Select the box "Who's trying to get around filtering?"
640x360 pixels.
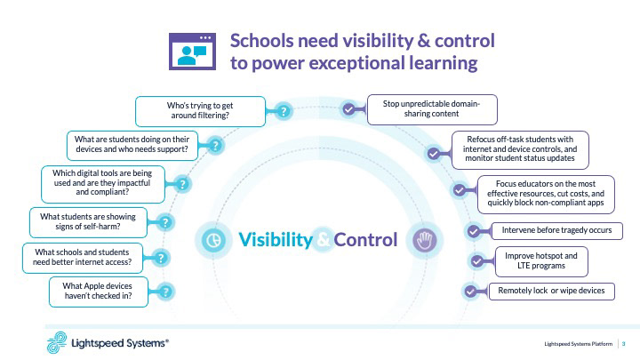200,111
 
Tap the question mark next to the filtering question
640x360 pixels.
283,112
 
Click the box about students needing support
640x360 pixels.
131,144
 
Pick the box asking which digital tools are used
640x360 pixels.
105,181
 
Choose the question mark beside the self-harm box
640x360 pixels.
165,222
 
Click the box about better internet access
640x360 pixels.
81,257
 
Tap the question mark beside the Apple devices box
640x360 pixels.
164,291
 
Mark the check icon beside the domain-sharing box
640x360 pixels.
349,110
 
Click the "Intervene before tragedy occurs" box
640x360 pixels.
551,229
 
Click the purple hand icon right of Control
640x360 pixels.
421,239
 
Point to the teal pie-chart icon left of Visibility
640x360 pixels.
212,240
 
